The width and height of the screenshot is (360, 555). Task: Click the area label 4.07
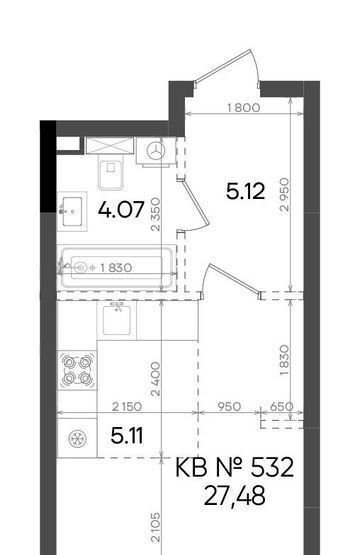pos(121,210)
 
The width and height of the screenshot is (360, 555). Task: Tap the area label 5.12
pos(245,191)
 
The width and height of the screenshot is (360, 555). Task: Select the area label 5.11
pos(127,435)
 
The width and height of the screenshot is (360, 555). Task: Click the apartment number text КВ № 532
pos(234,468)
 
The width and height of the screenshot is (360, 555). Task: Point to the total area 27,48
pos(234,496)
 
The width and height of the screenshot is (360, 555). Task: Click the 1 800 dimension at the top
pos(244,107)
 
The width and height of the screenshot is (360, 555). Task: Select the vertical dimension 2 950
pos(284,195)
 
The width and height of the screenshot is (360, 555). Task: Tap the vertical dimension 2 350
pos(155,215)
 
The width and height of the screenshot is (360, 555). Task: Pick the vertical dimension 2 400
pos(155,379)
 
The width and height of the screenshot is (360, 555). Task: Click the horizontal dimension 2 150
pos(127,407)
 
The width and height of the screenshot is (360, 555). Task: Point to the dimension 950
pos(229,407)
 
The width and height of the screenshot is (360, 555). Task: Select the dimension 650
pos(281,407)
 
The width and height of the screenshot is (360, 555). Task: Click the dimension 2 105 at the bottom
pos(155,527)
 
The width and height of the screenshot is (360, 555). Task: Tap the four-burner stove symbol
pos(77,370)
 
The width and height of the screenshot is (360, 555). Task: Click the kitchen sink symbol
pos(117,320)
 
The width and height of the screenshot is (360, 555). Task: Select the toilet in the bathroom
pos(111,172)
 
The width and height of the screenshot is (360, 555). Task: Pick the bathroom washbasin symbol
pos(72,211)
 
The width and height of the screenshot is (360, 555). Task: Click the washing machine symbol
pos(156,151)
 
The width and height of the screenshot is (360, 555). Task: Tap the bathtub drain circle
pos(81,268)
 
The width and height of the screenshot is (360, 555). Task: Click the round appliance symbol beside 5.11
pos(77,438)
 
